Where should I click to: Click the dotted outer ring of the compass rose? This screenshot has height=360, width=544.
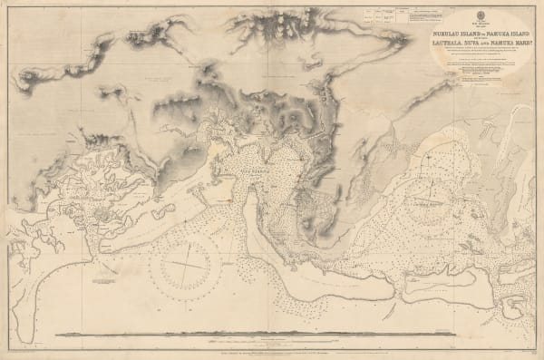click(x=187, y=234)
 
